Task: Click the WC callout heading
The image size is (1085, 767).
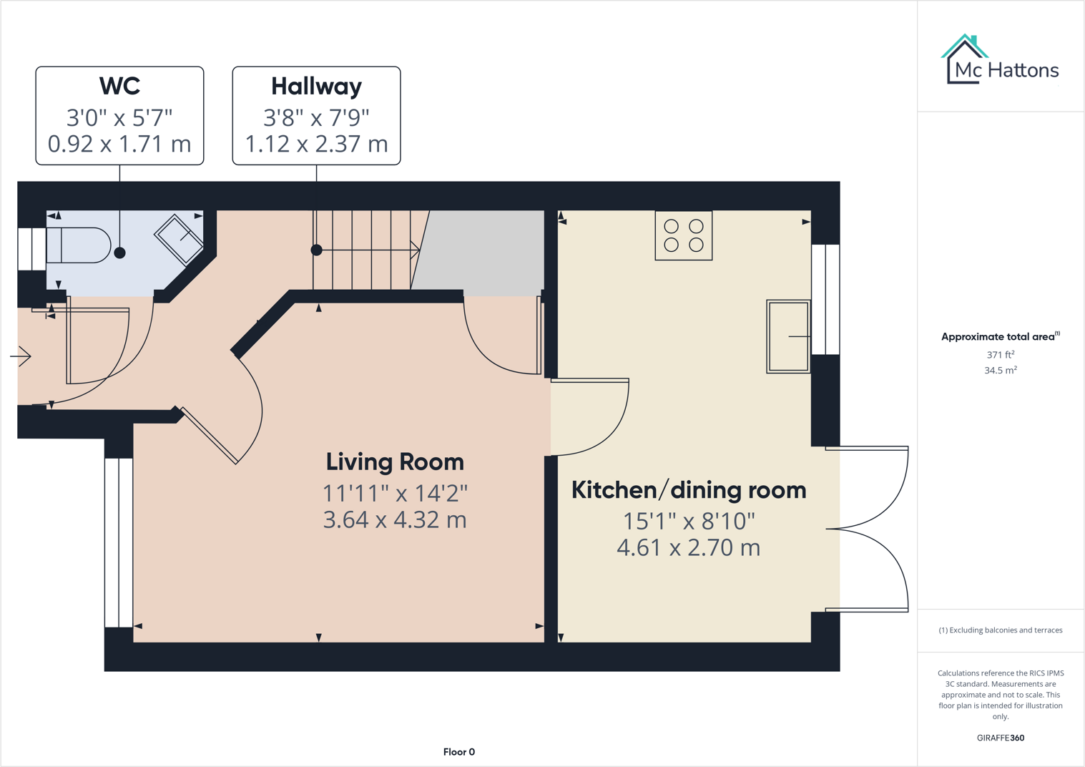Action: click(119, 86)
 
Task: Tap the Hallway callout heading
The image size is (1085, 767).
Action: click(316, 86)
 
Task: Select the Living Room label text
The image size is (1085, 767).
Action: click(395, 461)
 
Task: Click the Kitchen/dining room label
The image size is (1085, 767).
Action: click(688, 490)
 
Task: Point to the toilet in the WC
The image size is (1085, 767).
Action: click(79, 245)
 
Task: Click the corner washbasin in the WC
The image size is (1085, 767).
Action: click(180, 238)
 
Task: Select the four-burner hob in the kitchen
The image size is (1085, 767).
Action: click(683, 235)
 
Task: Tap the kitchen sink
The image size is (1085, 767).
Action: click(788, 336)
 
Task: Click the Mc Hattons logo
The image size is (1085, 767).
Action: click(999, 60)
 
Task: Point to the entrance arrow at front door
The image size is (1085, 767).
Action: click(21, 356)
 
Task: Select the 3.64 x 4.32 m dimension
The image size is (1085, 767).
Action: click(395, 520)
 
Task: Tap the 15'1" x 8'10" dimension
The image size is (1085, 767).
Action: click(688, 521)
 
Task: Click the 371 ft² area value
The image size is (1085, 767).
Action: click(1000, 355)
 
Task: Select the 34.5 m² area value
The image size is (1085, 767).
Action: click(1000, 371)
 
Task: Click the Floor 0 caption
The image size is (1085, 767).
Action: click(458, 752)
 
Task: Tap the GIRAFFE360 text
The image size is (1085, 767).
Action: click(1000, 738)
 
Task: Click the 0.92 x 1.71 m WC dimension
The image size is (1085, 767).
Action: click(119, 144)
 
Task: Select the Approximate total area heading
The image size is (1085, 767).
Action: click(999, 336)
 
